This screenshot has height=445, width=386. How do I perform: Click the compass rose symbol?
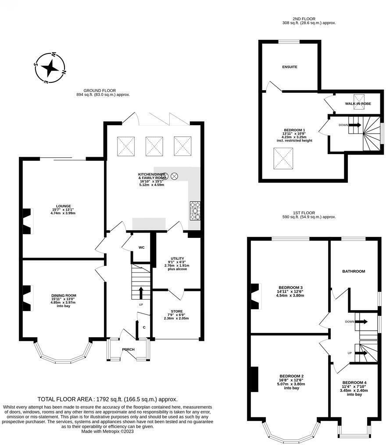tap(50, 68)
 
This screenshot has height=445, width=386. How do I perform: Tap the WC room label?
tap(142, 247)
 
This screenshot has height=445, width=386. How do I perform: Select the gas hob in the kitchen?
tap(195, 211)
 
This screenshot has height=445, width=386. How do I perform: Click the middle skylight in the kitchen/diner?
tap(154, 146)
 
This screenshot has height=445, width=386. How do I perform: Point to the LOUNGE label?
tap(64, 206)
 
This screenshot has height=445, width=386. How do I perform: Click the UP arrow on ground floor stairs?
tap(141, 293)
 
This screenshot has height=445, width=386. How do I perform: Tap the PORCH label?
tap(128, 350)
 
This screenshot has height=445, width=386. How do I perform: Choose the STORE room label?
tap(177, 311)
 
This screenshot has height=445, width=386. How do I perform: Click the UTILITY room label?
tap(177, 258)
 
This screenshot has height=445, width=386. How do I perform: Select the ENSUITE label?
tap(289, 67)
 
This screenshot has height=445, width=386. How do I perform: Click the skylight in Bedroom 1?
tap(283, 159)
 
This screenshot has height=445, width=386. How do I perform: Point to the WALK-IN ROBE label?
tap(358, 104)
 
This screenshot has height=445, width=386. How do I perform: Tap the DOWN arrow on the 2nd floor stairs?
tap(355, 125)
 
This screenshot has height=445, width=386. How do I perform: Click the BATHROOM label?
tap(354, 271)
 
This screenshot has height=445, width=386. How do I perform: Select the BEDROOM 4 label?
tap(354, 382)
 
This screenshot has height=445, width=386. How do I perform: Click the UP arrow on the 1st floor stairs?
tap(361, 353)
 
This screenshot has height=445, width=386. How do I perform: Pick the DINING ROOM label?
tap(64, 296)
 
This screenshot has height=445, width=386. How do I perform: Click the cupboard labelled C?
tap(144, 328)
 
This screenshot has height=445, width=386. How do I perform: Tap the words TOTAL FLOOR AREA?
tap(65, 399)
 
